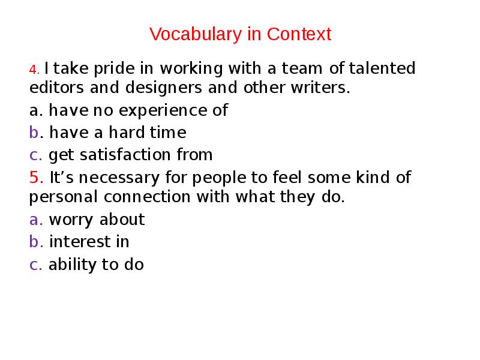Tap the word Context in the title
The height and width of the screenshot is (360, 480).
click(x=299, y=34)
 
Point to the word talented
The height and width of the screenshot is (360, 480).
click(x=382, y=69)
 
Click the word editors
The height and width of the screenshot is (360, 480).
click(x=56, y=88)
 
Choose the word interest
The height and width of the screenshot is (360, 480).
click(x=80, y=242)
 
